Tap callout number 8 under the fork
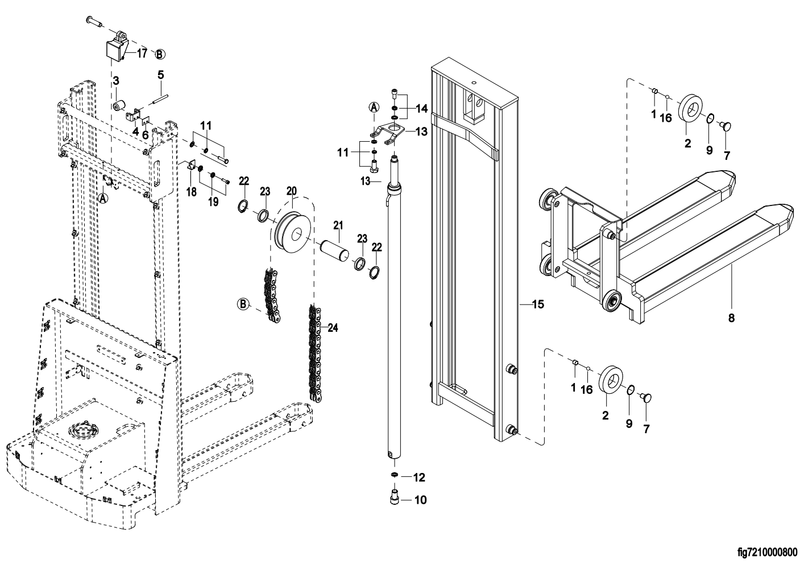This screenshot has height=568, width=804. [731, 318]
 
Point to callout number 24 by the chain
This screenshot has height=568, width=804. [333, 327]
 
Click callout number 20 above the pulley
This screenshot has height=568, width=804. [292, 190]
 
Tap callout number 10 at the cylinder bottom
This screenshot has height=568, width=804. [420, 500]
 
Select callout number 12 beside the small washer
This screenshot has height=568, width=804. [419, 476]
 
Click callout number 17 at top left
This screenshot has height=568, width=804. [141, 53]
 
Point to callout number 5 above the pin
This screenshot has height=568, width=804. [160, 75]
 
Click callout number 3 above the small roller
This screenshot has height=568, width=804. [115, 81]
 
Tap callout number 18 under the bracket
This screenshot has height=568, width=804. [192, 192]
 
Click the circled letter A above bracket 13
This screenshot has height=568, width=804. [374, 106]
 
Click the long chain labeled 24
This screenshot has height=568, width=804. [314, 353]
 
